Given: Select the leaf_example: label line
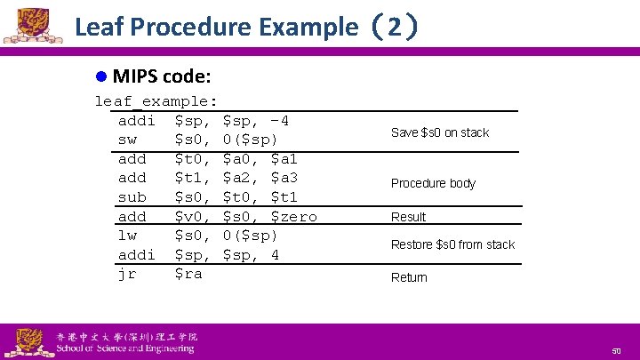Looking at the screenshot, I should coord(156,101).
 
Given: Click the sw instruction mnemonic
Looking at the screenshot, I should coord(127,140).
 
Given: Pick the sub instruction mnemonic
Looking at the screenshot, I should coord(132,197).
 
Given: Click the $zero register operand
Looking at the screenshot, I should coord(293,216).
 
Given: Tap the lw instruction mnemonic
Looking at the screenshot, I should coord(127,236).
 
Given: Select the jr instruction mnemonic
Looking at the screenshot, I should coord(127,274).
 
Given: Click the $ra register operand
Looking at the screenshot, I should coord(188,274).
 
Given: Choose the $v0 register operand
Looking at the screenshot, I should coord(194,216).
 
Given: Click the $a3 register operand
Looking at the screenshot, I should coord(284,178).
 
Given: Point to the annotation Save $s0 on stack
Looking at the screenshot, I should coord(440,132).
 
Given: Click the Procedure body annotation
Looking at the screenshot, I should coord(434,183).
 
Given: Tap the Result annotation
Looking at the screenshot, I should coord(409,217).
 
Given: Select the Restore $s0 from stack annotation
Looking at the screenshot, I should coord(453,244).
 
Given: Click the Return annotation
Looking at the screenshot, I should coord(409,277).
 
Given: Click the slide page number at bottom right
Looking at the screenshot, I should coord(615,352).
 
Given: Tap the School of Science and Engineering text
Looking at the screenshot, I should coord(125,348).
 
